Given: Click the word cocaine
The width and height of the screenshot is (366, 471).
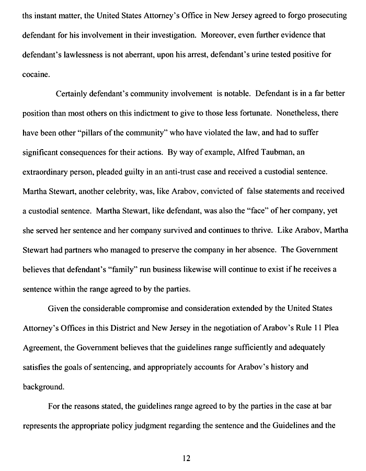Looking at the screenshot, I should [x=36, y=74].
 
